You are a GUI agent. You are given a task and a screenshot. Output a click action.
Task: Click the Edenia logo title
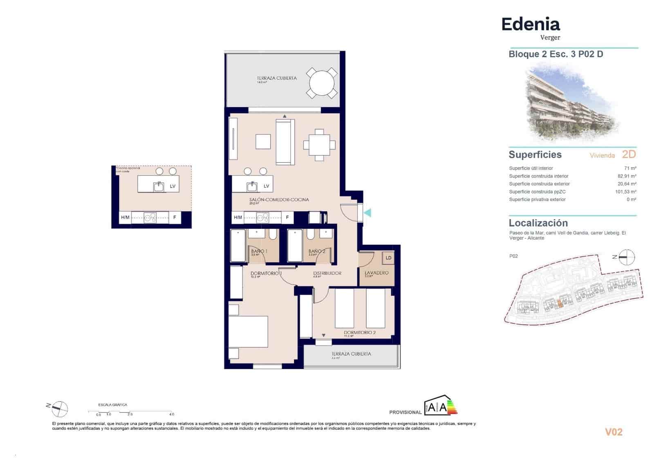coord(530,25)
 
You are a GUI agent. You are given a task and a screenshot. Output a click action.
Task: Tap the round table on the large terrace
coord(322,83)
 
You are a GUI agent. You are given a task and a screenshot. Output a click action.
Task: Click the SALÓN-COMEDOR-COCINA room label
coord(280,200)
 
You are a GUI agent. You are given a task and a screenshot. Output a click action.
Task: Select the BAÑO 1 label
coord(259,251)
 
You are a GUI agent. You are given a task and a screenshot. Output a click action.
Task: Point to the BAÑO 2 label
coord(317,251)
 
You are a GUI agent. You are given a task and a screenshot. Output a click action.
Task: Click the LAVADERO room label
coord(376,273)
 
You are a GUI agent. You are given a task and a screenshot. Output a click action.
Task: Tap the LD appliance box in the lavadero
coord(388,258)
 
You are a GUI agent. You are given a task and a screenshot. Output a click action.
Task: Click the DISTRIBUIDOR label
coord(327,273)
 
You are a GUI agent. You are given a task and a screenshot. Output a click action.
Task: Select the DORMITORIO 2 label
coord(359,332)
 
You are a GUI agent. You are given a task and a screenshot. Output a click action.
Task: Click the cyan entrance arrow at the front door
coord(367,213)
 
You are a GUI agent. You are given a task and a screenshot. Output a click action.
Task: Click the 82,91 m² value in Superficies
coord(627,176)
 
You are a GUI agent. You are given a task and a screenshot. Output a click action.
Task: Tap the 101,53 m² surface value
coord(625,192)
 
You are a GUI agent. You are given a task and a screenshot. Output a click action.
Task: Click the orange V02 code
coord(613,432)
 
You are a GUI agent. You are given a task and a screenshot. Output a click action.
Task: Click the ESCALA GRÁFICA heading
coord(113,405)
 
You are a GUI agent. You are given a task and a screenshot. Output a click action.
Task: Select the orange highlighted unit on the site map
coord(560,303)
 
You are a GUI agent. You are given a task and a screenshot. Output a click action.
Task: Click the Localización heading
coord(538,223)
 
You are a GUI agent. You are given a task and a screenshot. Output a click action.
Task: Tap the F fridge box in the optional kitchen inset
coord(175,218)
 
